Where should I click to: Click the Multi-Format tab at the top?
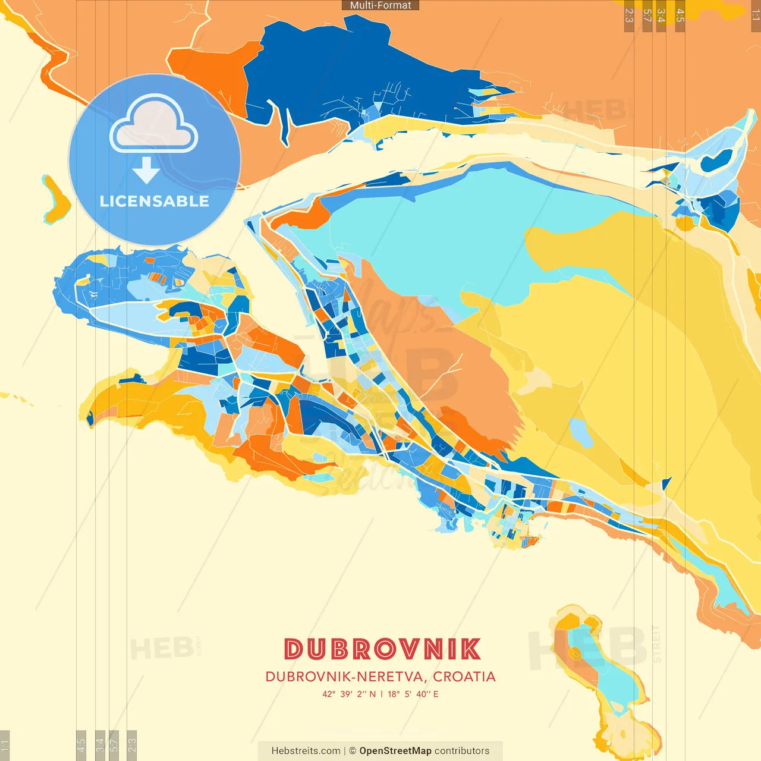380,5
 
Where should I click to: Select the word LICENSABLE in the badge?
155,202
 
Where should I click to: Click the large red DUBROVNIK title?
382,649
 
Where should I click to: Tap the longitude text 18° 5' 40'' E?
413,694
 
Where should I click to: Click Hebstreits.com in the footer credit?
306,751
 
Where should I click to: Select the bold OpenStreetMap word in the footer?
395,751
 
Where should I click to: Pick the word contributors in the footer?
462,751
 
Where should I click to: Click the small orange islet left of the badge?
55,199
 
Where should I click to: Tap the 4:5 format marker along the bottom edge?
81,745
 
